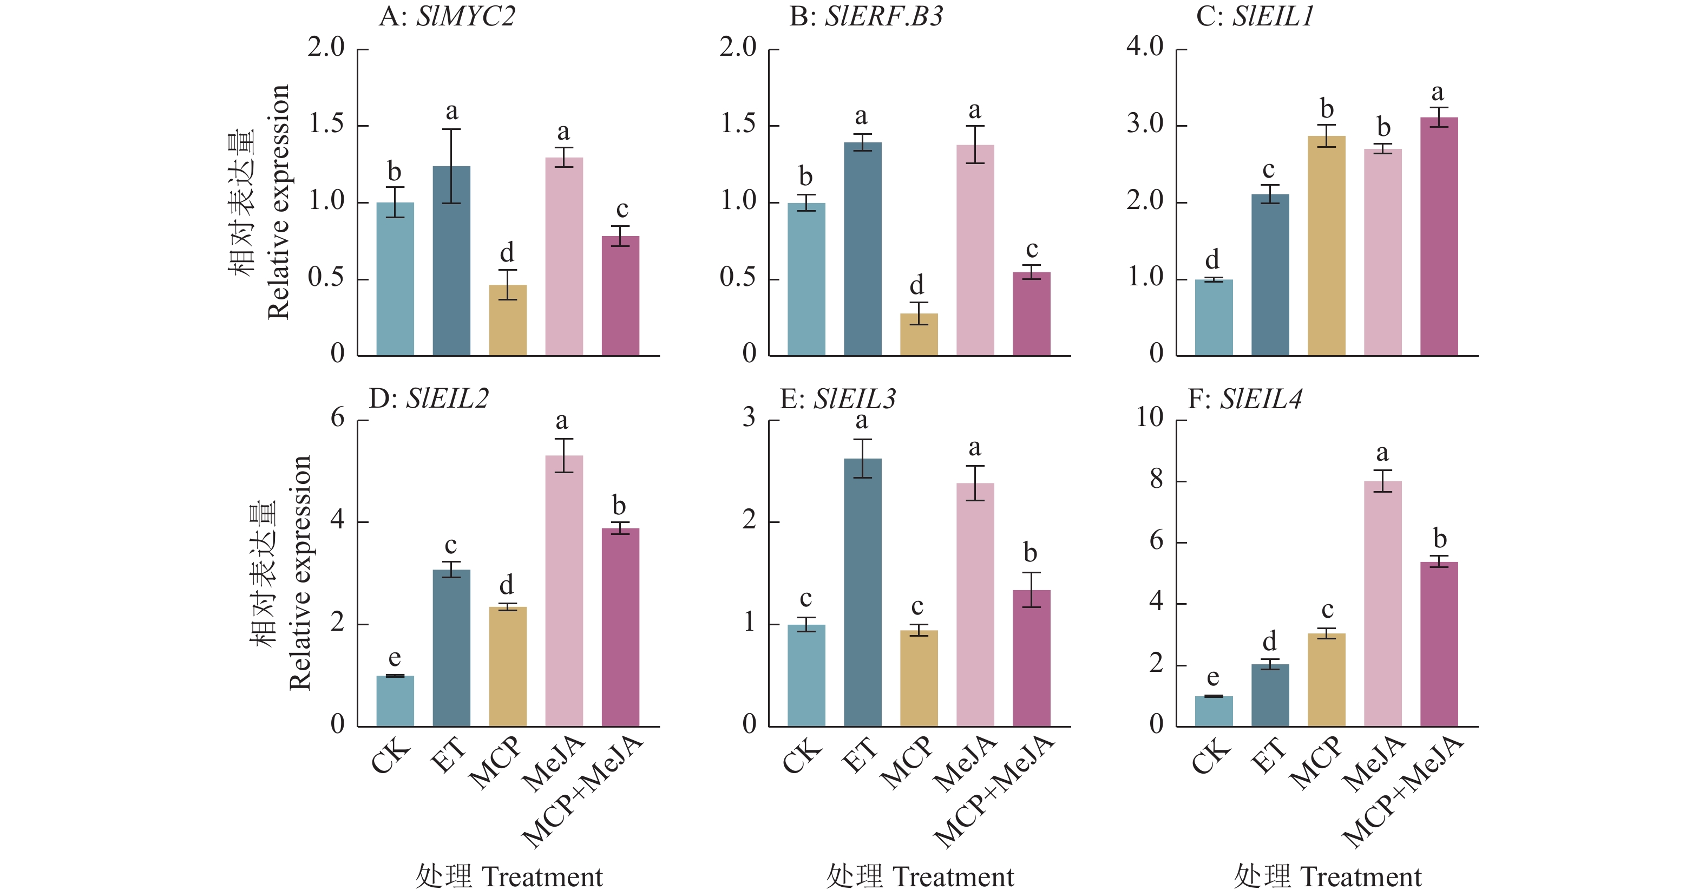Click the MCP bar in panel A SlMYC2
coord(508,321)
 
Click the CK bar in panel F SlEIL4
coord(1213,711)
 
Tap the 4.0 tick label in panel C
coord(1144,47)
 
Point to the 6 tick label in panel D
coord(338,418)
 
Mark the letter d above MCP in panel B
coord(917,285)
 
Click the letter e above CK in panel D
coord(395,658)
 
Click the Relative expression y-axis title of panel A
coord(279,202)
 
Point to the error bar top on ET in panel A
coord(451,129)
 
